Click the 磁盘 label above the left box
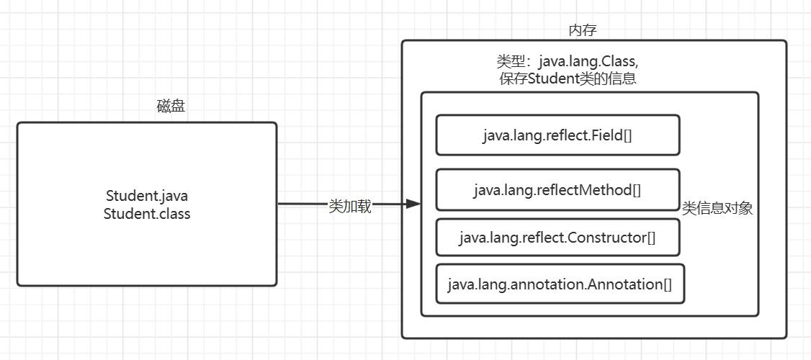[171, 107]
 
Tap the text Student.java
[147, 197]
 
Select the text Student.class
[147, 214]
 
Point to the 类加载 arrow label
[350, 207]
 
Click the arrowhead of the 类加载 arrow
[413, 204]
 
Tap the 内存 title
[583, 30]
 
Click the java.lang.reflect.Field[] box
[557, 135]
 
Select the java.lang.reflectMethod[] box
[557, 190]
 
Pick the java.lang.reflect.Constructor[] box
[557, 238]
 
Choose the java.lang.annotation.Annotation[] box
[560, 284]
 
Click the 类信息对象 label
[717, 209]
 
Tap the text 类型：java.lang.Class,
[568, 62]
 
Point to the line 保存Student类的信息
[568, 79]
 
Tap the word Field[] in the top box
[614, 135]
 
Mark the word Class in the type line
[619, 62]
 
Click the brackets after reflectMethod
[637, 190]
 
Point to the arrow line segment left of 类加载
[304, 204]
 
